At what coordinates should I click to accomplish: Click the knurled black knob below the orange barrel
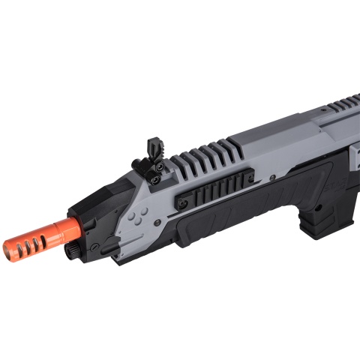tap(72, 247)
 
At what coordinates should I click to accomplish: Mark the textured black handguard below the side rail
tap(225, 225)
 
